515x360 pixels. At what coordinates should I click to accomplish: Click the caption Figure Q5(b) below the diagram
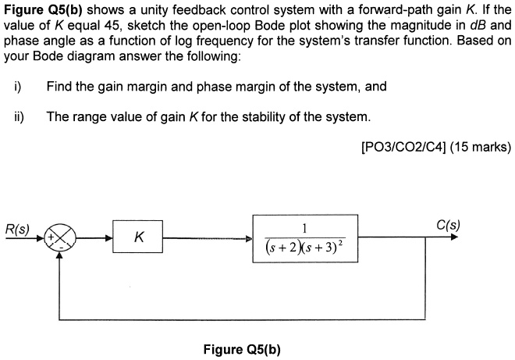[x=242, y=348]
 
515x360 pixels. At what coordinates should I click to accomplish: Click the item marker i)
[x=17, y=86]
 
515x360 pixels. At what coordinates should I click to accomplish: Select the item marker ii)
[x=19, y=116]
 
